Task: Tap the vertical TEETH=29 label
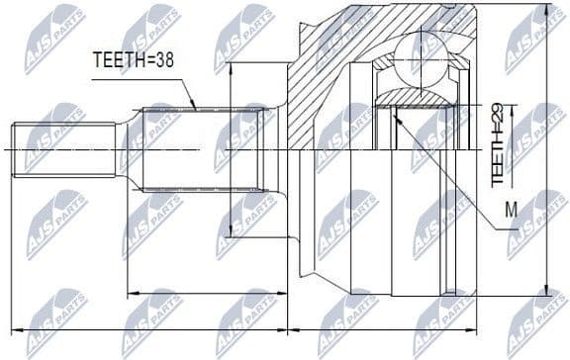(499, 143)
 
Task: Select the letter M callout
(511, 209)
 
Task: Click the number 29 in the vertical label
(499, 111)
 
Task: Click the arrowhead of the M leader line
(395, 114)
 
